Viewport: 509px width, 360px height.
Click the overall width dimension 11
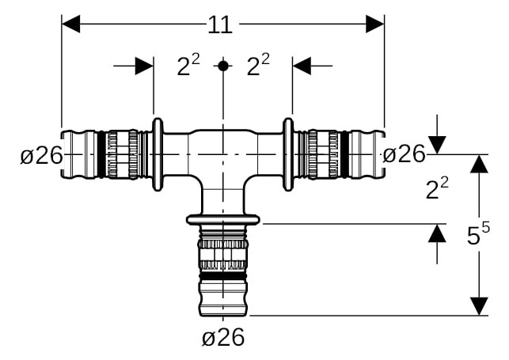coord(220,25)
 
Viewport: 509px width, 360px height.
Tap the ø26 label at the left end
coord(41,155)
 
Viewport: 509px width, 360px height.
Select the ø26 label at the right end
coord(404,153)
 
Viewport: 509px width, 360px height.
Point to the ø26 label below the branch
coord(223,337)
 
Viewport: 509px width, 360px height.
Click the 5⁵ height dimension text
coord(478,233)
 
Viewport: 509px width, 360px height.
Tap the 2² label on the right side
coord(437,189)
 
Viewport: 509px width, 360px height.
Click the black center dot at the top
coord(223,66)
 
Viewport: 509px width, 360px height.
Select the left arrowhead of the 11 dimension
coord(70,24)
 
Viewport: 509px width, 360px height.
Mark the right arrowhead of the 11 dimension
coord(375,24)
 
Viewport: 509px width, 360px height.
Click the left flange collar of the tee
coord(158,154)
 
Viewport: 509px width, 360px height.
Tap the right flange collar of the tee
coord(288,154)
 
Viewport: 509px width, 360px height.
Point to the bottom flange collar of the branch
coord(223,220)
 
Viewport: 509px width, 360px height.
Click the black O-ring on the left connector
coord(101,154)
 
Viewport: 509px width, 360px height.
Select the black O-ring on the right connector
coord(344,154)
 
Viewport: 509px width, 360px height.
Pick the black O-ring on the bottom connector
coord(223,276)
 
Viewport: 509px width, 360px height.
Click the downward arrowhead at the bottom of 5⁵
coord(479,306)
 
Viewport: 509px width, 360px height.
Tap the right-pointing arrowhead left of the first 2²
coord(144,66)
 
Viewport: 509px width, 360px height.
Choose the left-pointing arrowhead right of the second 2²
coord(302,66)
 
